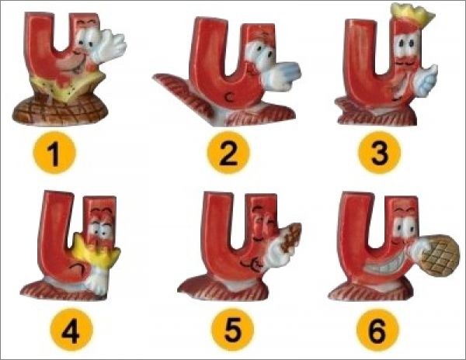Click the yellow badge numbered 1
pos(54,153)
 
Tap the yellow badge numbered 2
pos(228,153)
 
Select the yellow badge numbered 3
pos(380,153)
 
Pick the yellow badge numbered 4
pos(71,331)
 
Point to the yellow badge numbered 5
pos(233,331)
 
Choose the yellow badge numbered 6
pos(377,331)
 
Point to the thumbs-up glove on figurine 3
pos(426,79)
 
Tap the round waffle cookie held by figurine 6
pos(440,255)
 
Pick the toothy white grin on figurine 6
pos(386,267)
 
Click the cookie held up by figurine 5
pos(290,237)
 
